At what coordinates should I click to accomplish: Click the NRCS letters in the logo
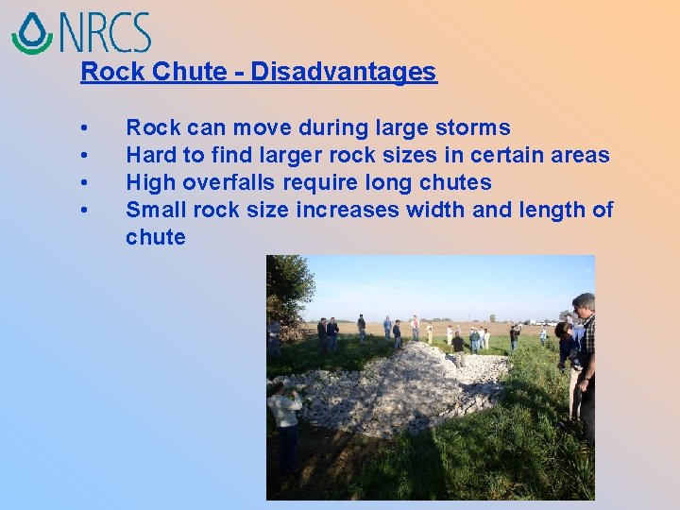point(104,32)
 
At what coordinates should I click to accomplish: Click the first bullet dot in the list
point(85,128)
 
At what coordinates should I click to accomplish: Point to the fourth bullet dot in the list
point(85,210)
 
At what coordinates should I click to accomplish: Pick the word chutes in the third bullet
point(457,182)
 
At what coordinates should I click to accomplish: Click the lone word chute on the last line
point(156,237)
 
